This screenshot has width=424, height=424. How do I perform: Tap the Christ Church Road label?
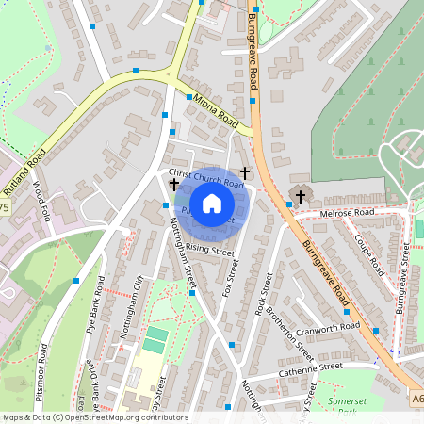pos(206,178)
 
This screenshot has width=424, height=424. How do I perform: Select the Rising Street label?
pos(209,250)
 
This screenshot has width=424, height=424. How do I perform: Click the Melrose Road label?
pos(347,214)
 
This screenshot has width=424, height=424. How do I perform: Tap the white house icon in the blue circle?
pos(212,204)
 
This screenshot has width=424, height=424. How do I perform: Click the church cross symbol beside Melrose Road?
pos(301,196)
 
